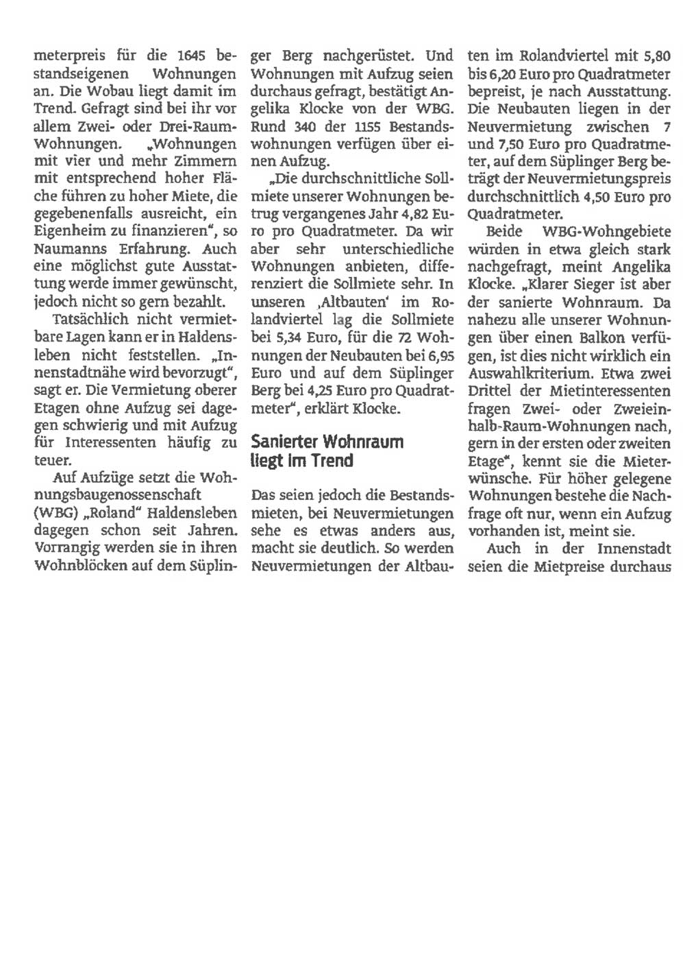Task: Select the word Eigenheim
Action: pyautogui.click(x=69, y=232)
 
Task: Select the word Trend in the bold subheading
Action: pyautogui.click(x=332, y=460)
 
